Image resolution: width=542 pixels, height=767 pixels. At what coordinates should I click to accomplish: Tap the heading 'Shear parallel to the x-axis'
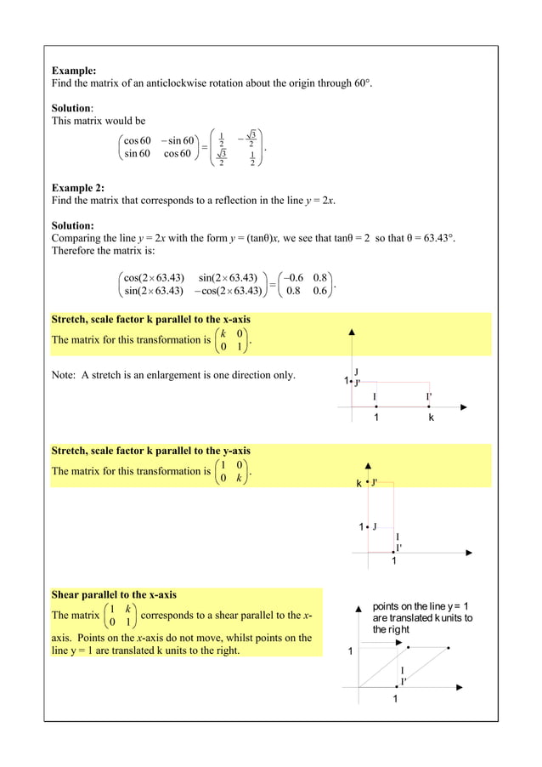point(114,594)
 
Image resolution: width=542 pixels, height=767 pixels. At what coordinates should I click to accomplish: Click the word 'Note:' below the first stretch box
point(65,375)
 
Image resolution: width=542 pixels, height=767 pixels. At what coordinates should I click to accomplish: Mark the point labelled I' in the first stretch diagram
point(430,406)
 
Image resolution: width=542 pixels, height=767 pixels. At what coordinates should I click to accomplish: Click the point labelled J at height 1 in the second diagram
point(368,526)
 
